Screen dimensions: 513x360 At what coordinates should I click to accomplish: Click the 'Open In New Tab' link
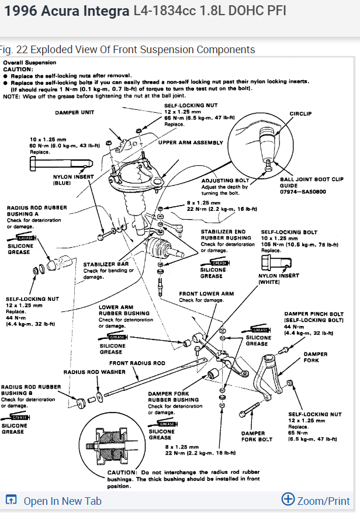[x=62, y=501]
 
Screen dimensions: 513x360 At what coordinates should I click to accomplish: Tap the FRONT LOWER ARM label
[x=206, y=293]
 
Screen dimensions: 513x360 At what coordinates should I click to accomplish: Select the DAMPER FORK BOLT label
[x=257, y=436]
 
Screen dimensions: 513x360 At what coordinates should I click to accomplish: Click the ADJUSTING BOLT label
[x=221, y=181]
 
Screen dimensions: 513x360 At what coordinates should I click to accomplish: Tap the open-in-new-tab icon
[x=11, y=500]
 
